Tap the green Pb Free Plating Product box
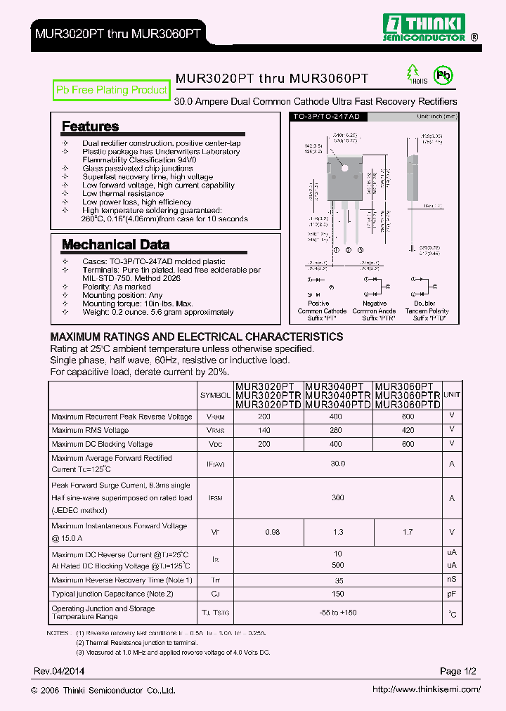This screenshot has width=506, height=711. click(x=112, y=90)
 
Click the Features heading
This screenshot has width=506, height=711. click(x=90, y=126)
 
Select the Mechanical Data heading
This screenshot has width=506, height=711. click(x=115, y=244)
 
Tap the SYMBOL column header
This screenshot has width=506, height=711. click(x=215, y=395)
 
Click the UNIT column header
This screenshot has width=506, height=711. click(x=452, y=395)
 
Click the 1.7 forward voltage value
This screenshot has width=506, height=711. click(x=408, y=533)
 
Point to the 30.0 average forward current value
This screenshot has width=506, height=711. click(x=338, y=464)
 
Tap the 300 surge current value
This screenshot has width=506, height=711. click(x=338, y=497)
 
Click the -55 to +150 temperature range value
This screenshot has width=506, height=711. click(x=338, y=613)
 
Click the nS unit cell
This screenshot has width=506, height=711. click(x=452, y=580)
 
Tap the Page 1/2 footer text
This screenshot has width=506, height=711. click(x=458, y=672)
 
